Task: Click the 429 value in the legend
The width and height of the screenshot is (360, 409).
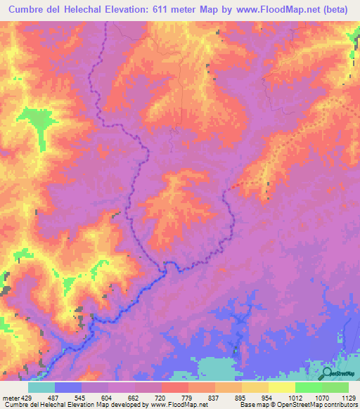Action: (25, 396)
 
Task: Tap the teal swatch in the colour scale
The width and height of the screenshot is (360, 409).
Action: (41, 387)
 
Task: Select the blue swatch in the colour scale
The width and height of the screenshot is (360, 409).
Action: (68, 387)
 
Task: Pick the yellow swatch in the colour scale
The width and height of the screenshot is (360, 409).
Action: (281, 387)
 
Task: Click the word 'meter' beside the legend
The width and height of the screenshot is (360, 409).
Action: (9, 396)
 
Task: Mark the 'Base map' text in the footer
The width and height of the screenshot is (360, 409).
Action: (255, 405)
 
